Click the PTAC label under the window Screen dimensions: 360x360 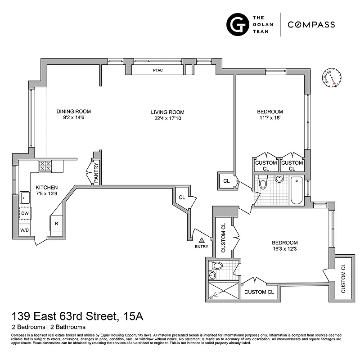pyautogui.click(x=157, y=70)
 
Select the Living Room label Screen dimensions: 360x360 pyautogui.click(x=167, y=112)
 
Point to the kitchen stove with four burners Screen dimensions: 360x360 pyautogui.click(x=45, y=166)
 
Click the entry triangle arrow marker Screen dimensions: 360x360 pyautogui.click(x=202, y=240)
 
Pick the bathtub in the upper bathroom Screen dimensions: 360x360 pyautogui.click(x=297, y=190)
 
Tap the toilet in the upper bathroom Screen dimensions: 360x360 pyautogui.click(x=263, y=184)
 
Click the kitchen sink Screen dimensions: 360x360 pyautogui.click(x=24, y=197)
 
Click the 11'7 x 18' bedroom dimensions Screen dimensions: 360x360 pyautogui.click(x=270, y=119)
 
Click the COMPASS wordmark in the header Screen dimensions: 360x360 pyautogui.click(x=311, y=25)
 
